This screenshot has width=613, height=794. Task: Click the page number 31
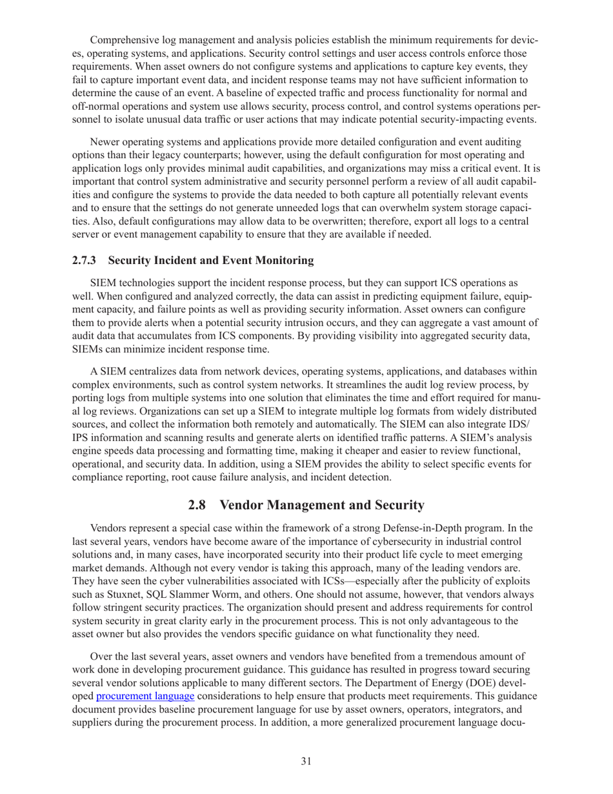306,761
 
